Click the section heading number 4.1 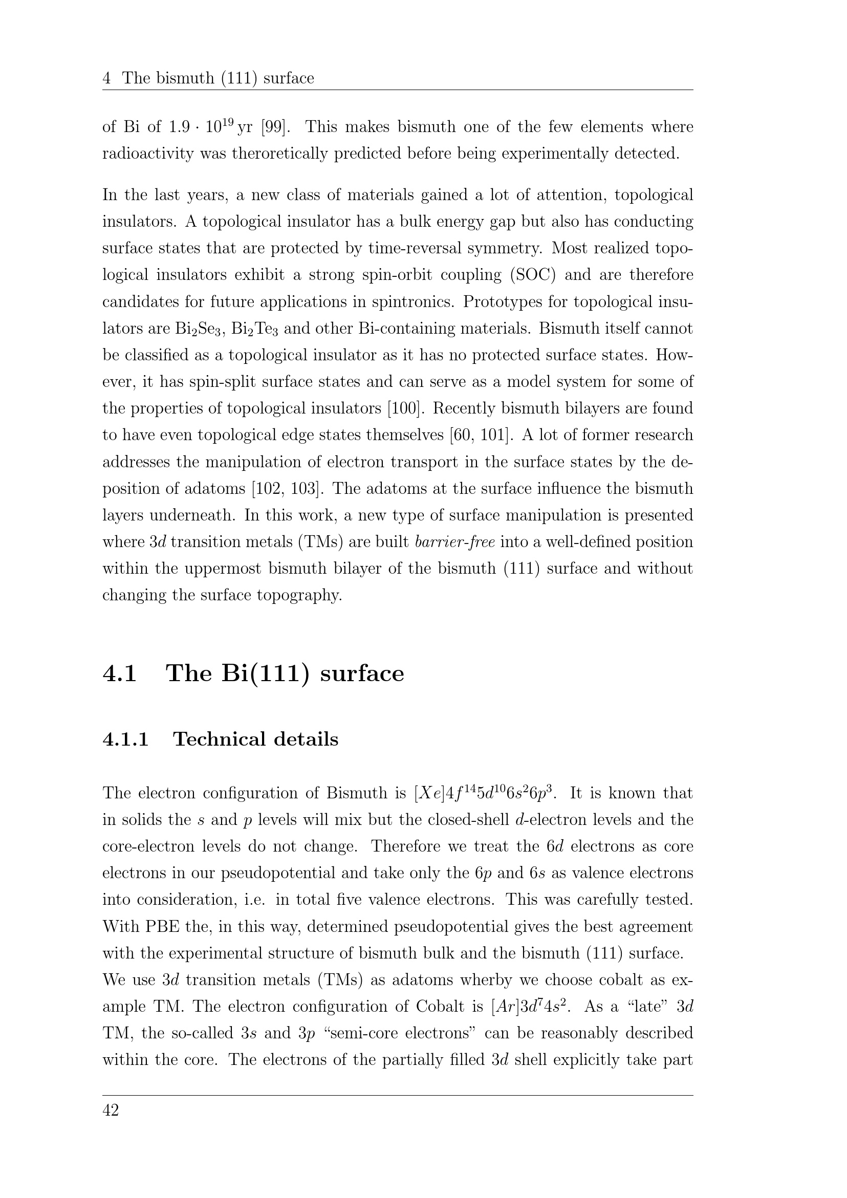pyautogui.click(x=120, y=673)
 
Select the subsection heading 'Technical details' pyautogui.click(x=256, y=739)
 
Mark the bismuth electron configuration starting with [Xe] pyautogui.click(x=485, y=793)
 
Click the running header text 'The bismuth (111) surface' pyautogui.click(x=218, y=78)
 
